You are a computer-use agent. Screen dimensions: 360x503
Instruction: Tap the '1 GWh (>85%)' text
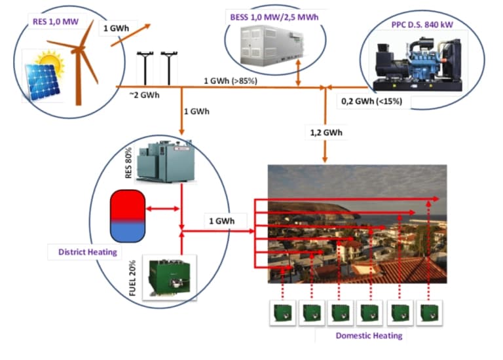pyautogui.click(x=230, y=81)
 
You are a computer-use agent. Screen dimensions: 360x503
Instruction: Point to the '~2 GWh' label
pyautogui.click(x=145, y=94)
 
